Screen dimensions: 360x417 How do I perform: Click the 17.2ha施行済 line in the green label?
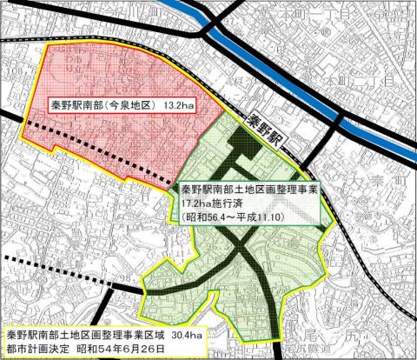[x=210, y=203]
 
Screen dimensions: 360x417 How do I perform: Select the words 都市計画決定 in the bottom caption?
[x=37, y=349]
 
